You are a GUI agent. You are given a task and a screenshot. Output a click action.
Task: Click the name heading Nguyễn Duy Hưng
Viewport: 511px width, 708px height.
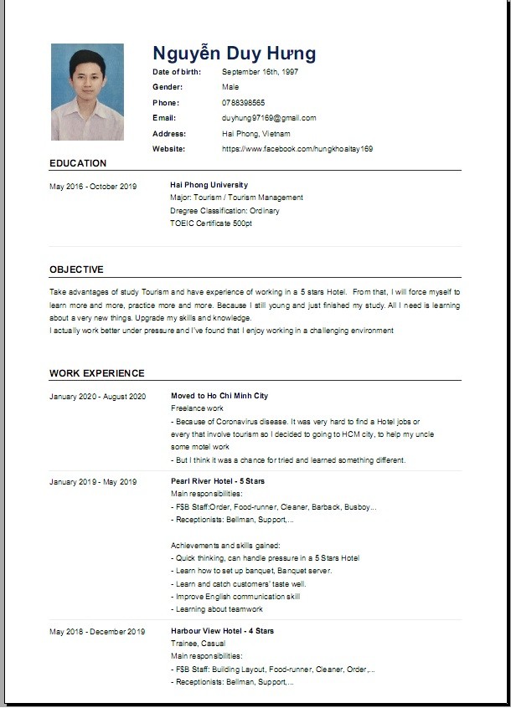[x=234, y=54]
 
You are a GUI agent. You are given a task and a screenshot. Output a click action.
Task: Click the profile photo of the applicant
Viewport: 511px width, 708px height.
[x=87, y=92]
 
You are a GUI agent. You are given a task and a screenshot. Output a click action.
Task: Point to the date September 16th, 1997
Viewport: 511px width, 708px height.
[x=260, y=72]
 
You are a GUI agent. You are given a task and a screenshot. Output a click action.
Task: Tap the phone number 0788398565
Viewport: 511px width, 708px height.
[x=243, y=102]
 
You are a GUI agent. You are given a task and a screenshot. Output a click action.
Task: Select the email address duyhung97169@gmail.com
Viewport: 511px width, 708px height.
[x=269, y=118]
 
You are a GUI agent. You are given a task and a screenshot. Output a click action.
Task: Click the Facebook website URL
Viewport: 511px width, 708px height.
[x=297, y=149]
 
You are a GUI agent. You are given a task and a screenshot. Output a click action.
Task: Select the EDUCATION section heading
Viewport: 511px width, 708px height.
[x=78, y=163]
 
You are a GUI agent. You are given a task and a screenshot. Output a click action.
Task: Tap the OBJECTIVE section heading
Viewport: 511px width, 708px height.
[x=76, y=269]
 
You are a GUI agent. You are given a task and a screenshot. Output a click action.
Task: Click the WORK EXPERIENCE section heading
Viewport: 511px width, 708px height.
[x=96, y=373]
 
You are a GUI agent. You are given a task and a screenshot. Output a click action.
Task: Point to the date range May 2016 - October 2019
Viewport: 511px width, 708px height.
[x=93, y=187]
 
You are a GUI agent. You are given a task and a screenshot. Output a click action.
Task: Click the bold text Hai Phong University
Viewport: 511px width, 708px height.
[x=209, y=185]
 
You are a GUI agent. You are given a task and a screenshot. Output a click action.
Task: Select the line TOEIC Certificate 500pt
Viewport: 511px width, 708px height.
[x=210, y=223]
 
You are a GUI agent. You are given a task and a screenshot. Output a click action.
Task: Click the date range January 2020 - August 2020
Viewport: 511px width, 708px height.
[x=97, y=397]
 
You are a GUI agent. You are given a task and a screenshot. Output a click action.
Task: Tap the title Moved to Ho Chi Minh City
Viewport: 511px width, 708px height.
[x=219, y=396]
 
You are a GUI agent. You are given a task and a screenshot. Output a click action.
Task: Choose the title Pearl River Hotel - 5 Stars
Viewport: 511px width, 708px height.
[x=217, y=482]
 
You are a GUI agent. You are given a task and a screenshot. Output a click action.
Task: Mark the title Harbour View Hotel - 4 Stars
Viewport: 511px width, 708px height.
[x=222, y=631]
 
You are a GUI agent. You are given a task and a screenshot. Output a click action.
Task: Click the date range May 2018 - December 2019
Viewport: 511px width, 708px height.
[x=97, y=632]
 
